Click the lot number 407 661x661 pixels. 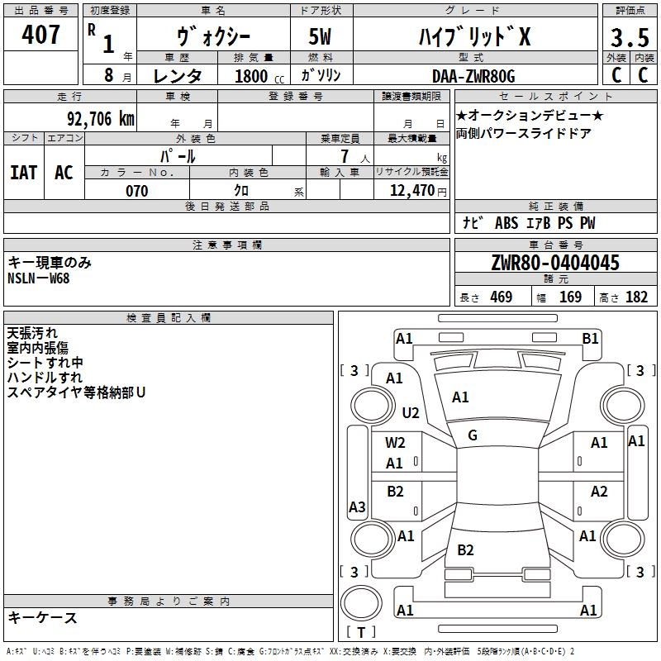40,34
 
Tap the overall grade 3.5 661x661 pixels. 630,37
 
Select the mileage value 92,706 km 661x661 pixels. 101,119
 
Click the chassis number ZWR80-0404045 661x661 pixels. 555,263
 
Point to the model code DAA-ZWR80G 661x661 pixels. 473,76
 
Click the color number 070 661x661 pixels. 137,191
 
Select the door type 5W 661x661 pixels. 320,36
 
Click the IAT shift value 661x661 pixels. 24,173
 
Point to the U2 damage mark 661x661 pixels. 411,412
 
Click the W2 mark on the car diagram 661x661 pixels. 395,443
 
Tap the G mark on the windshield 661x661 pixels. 473,435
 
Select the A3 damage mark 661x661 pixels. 357,506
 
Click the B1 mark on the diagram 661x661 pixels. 590,339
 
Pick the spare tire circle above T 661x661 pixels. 361,603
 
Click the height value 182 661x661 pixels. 636,297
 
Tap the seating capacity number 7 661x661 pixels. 345,156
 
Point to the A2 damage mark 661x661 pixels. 599,492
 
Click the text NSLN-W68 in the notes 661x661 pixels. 38,278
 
